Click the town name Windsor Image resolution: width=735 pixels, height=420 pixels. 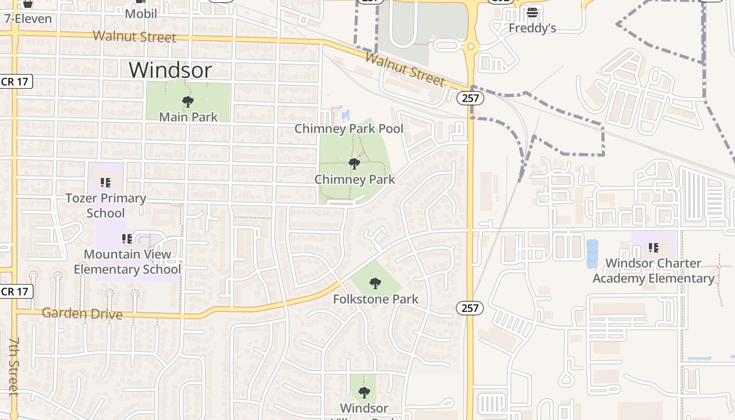tap(171, 70)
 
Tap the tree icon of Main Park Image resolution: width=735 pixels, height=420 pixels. tap(187, 102)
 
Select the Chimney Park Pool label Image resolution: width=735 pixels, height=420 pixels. tap(349, 129)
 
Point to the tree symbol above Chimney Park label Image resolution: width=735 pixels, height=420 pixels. tap(354, 164)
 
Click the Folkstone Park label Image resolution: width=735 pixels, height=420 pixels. tap(376, 299)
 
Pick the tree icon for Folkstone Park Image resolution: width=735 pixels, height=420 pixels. tap(375, 284)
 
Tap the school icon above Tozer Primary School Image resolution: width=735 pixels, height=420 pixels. tap(106, 183)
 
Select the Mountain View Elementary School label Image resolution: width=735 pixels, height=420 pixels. tap(127, 262)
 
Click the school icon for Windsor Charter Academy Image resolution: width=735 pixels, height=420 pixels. tap(654, 247)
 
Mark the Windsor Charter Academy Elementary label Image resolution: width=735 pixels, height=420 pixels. tap(654, 271)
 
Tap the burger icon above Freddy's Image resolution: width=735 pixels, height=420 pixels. tap(532, 13)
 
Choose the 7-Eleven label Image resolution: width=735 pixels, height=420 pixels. tap(28, 19)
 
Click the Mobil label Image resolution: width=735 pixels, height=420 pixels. tap(141, 14)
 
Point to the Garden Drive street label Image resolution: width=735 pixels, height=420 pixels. tap(82, 314)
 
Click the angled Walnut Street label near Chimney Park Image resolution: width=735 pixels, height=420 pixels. tap(405, 69)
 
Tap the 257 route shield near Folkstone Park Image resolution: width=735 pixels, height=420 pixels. tap(470, 308)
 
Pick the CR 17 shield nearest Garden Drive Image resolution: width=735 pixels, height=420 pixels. tap(17, 291)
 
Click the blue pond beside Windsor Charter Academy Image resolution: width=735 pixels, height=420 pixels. tap(592, 254)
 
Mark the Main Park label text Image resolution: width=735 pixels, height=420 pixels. tap(188, 117)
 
